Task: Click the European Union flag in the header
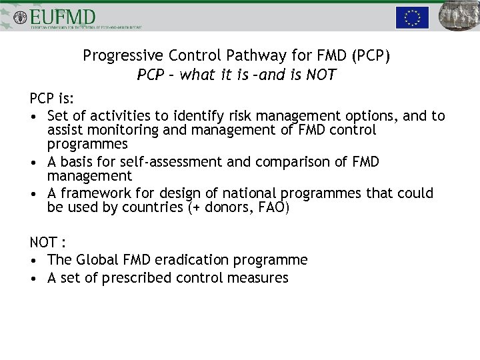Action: (x=412, y=17)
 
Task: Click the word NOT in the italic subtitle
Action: (x=321, y=75)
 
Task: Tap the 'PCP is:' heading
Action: (x=52, y=99)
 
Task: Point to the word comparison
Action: (x=285, y=162)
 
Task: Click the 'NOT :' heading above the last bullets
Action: (x=49, y=243)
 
